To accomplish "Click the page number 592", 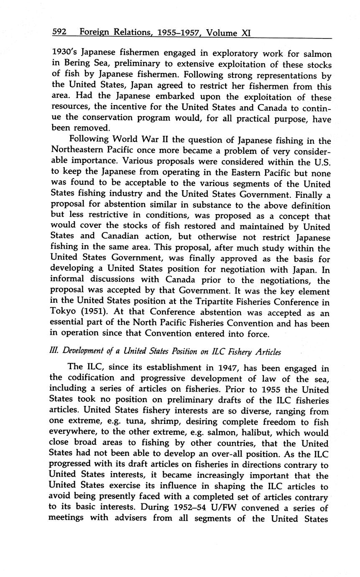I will (x=60, y=32).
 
